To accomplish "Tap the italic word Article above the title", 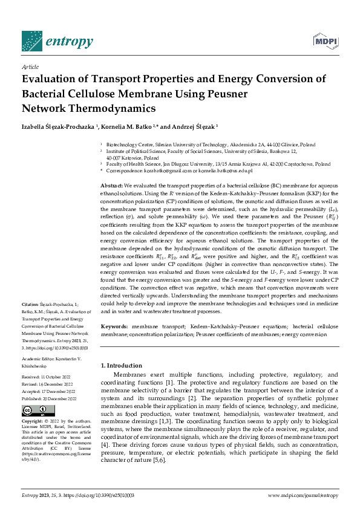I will tap(30, 67).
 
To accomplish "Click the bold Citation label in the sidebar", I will tap(30, 303).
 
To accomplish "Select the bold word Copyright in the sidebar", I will tap(33, 421).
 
